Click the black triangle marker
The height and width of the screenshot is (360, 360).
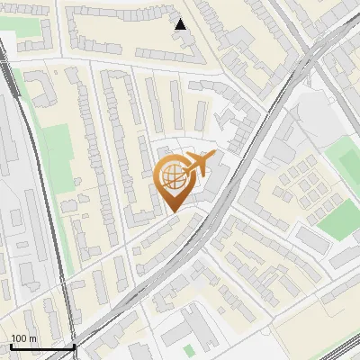click(181, 25)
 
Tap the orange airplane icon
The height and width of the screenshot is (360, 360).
click(198, 164)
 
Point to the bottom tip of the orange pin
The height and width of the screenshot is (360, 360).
click(173, 211)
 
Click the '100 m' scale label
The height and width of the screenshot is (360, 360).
click(23, 338)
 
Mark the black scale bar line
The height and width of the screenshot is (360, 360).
click(41, 346)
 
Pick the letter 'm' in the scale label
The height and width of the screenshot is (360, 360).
click(31, 338)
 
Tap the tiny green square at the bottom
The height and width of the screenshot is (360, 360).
click(188, 349)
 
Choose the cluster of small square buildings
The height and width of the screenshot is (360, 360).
click(302, 184)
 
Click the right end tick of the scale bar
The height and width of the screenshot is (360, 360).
click(74, 346)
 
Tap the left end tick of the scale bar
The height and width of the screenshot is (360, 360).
click(9, 346)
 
